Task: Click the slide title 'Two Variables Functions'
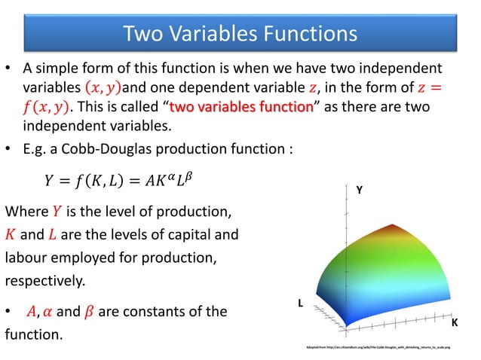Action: coord(240,33)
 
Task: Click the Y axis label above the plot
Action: coord(359,192)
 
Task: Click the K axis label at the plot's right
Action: coord(454,322)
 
